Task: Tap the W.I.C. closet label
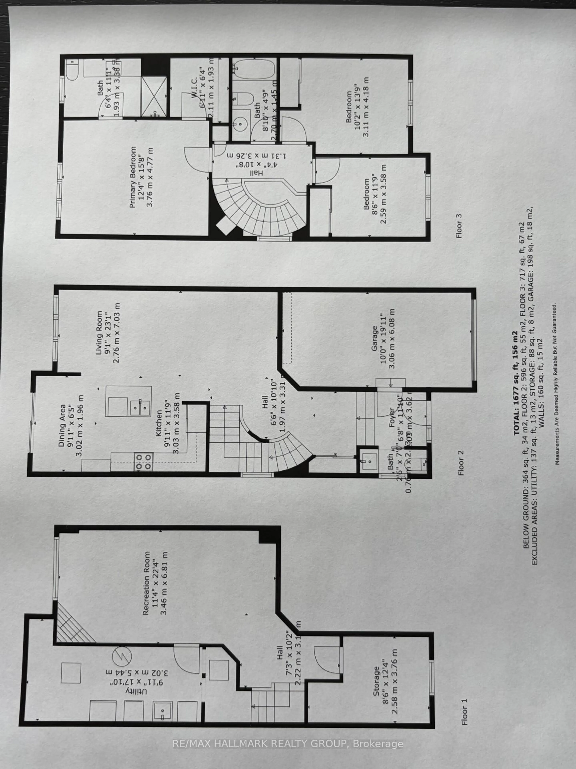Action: [194, 90]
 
